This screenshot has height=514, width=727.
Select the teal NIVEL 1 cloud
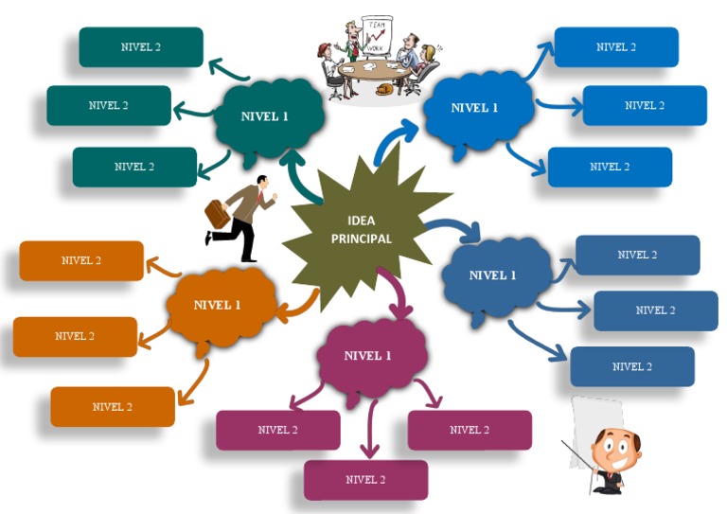click(x=265, y=117)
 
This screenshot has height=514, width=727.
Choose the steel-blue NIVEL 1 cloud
click(x=493, y=275)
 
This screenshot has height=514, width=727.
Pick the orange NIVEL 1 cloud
click(x=217, y=306)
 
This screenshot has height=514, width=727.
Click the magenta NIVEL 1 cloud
click(x=367, y=357)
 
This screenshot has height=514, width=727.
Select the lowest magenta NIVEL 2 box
click(x=365, y=480)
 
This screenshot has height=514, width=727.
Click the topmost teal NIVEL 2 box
click(x=140, y=47)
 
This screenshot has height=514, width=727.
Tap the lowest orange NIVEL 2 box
click(x=113, y=407)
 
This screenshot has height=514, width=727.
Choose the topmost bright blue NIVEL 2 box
click(x=615, y=47)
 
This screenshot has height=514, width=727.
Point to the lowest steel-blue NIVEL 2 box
click(x=631, y=367)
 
